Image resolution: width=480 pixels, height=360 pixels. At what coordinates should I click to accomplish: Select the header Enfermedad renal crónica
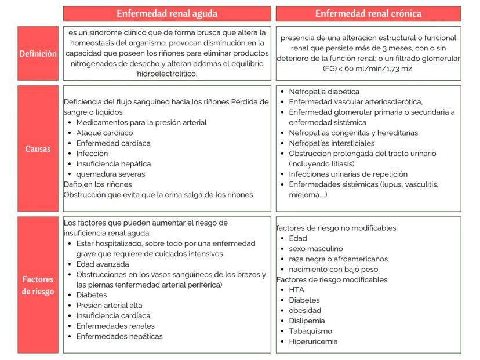368,13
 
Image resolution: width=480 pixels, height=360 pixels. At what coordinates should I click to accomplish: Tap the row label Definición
38,53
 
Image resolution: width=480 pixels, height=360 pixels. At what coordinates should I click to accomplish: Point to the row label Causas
38,148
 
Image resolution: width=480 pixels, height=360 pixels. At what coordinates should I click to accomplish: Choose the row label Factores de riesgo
38,285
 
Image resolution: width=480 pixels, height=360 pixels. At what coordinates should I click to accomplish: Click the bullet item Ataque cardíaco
105,133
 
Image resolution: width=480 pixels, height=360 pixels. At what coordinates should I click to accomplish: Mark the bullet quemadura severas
110,174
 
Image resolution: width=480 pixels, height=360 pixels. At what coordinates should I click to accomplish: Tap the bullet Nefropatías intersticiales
331,143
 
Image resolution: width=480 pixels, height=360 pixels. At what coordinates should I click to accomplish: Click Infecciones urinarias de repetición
348,174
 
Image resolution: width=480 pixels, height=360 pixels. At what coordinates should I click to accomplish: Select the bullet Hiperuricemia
312,341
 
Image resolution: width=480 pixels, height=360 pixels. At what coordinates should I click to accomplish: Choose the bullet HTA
296,290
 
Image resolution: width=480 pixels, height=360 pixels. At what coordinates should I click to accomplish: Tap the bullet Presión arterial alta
109,306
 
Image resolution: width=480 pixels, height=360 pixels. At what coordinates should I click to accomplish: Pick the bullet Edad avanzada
103,264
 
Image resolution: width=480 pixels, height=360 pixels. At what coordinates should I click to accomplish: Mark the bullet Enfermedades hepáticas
119,336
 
